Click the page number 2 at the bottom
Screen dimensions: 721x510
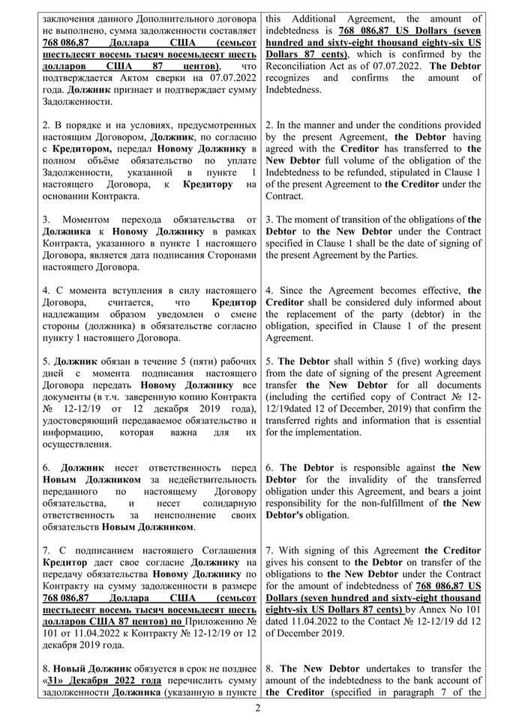pos(256,708)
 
